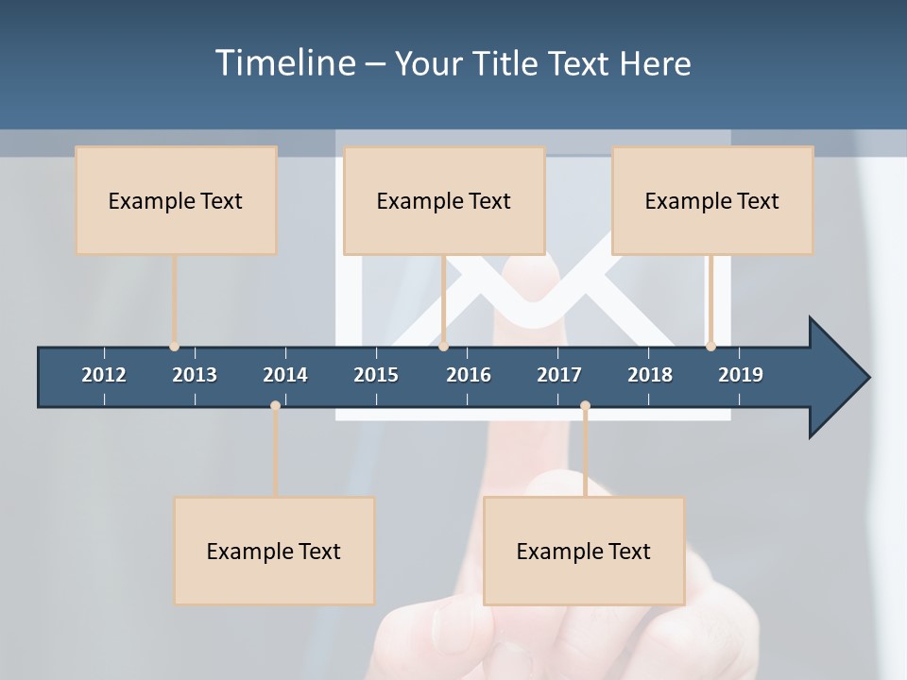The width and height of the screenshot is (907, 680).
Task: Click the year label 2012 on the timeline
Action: point(104,375)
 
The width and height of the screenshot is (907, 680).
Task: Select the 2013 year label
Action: point(195,375)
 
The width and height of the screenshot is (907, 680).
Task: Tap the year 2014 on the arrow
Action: point(285,375)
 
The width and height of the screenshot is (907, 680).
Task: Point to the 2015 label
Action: point(376,375)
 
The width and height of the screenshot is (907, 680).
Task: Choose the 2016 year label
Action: point(469,375)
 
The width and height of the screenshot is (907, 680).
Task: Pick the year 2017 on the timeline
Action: point(559,375)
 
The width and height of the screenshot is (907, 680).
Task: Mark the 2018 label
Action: point(650,375)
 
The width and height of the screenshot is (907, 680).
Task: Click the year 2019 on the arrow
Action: point(741,375)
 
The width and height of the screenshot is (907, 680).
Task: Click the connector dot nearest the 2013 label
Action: point(174,347)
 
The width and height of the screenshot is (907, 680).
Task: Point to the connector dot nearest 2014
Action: point(275,405)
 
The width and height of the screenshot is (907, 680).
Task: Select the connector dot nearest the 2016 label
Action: point(443,347)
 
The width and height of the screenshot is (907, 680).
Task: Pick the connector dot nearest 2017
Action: point(585,405)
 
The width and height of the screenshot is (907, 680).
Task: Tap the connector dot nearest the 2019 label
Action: point(710,347)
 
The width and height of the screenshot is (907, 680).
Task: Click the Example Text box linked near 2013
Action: point(176,200)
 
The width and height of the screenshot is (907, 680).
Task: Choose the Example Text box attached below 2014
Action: point(274,551)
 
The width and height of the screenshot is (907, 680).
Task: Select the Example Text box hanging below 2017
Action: point(584,551)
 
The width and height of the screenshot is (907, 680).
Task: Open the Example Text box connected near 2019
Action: point(712,200)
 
